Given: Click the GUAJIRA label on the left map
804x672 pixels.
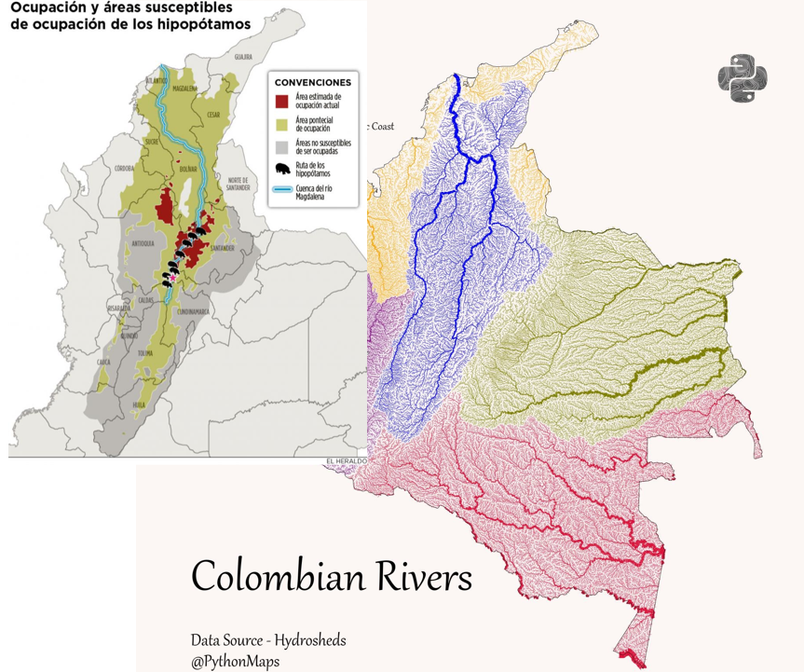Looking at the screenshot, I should click(x=243, y=57).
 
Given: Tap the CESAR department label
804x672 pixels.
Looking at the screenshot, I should click(x=214, y=116).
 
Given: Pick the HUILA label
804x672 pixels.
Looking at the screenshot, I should click(x=139, y=405).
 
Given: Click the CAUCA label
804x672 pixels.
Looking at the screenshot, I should click(x=102, y=361).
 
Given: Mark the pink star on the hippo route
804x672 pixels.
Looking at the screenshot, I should click(x=172, y=277).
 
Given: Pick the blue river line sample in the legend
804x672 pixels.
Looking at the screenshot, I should click(x=282, y=191).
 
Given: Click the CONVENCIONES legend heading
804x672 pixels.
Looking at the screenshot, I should click(x=313, y=82).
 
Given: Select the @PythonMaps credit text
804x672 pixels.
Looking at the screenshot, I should click(x=235, y=661).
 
